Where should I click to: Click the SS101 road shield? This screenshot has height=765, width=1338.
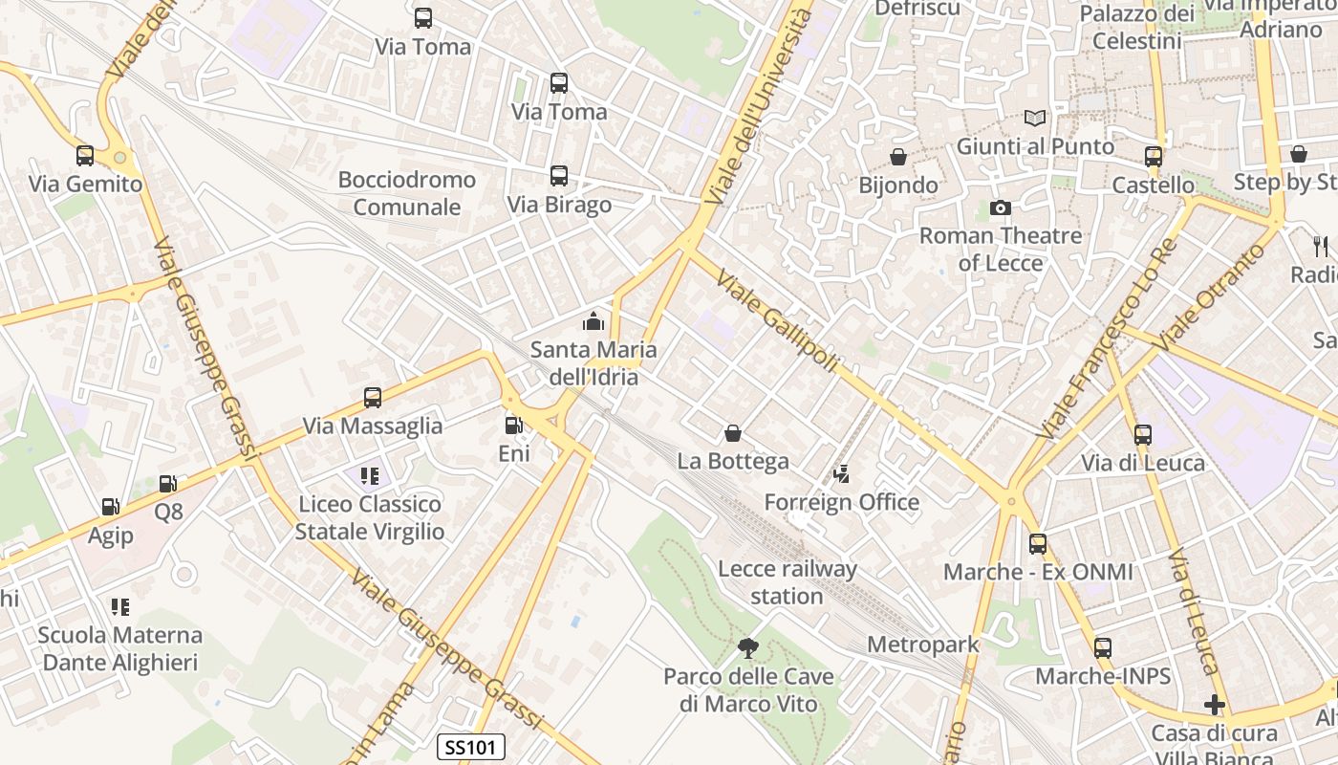click(x=471, y=747)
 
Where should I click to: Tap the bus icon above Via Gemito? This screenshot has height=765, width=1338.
click(x=85, y=156)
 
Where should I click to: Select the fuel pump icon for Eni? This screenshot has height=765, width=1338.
click(x=514, y=426)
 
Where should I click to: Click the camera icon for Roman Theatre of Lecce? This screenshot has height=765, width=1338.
click(x=1001, y=208)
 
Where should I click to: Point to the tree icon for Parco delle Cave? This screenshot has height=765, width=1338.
click(x=748, y=649)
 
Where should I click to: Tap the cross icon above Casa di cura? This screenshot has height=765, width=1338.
click(x=1215, y=706)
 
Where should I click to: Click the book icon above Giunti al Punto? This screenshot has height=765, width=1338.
click(x=1035, y=119)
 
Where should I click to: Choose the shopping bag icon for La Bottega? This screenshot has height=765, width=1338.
click(x=733, y=434)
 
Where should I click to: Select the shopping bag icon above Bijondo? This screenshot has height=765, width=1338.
click(x=898, y=157)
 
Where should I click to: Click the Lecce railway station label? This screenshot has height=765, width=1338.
click(x=787, y=582)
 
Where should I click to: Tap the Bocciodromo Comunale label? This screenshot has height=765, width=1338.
click(x=407, y=193)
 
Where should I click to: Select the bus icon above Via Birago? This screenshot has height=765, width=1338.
click(x=559, y=176)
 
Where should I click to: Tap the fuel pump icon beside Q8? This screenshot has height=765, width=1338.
click(x=168, y=485)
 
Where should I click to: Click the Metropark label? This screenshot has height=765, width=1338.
click(x=923, y=645)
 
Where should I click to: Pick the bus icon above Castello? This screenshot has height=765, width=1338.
click(x=1154, y=157)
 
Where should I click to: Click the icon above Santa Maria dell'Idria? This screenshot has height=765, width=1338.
click(x=593, y=322)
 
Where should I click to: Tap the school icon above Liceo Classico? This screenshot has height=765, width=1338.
click(x=370, y=475)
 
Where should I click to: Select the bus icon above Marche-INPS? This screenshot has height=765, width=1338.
click(x=1103, y=648)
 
